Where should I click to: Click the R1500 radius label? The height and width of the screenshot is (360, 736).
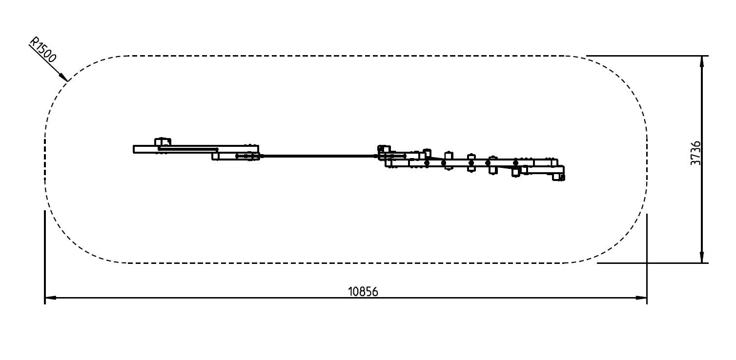pos(43,50)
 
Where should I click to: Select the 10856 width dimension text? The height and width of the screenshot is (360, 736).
pos(363,292)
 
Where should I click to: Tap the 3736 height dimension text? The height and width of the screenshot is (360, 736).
pos(695,153)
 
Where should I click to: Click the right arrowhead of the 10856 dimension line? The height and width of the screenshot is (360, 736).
pos(641,298)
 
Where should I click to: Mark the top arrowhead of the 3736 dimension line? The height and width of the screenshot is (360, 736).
pos(702,61)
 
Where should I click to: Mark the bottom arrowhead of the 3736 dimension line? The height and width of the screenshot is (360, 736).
pos(702,257)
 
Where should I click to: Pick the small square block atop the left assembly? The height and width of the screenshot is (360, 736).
pos(163,142)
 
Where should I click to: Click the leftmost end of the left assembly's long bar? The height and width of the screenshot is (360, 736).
pos(133,149)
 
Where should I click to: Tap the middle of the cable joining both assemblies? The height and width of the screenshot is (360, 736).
pos(319,156)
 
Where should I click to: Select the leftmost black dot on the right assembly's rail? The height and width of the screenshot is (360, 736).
pos(427,163)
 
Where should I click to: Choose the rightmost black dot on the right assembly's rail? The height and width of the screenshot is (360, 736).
pos(515,163)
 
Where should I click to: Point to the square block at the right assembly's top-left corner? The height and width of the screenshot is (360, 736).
pos(384,149)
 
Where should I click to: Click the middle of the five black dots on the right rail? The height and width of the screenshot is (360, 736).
pos(471,163)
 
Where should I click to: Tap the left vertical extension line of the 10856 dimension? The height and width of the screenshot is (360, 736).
pos(45,257)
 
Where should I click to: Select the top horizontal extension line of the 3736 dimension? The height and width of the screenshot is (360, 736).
pos(647,56)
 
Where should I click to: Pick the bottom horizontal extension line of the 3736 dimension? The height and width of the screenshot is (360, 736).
pos(653,263)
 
